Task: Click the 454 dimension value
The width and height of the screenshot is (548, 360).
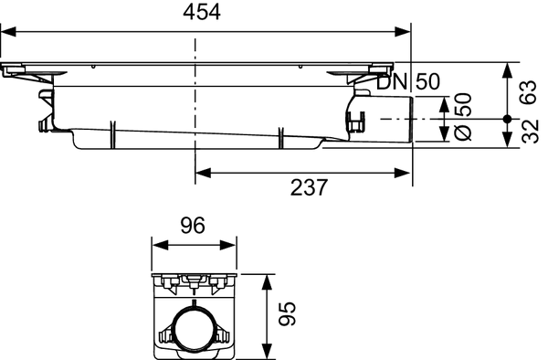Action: point(202,13)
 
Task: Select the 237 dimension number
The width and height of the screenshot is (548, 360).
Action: point(309,187)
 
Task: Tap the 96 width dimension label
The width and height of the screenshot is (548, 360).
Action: point(193,226)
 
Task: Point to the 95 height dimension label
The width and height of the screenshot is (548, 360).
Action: point(288,313)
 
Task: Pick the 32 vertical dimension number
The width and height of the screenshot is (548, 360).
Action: point(530,132)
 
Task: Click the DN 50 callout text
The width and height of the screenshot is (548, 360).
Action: point(408,82)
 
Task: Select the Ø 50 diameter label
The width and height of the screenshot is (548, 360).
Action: point(463,116)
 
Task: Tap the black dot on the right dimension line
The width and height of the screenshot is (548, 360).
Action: point(507,119)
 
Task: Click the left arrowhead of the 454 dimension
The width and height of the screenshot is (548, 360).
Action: point(8,32)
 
